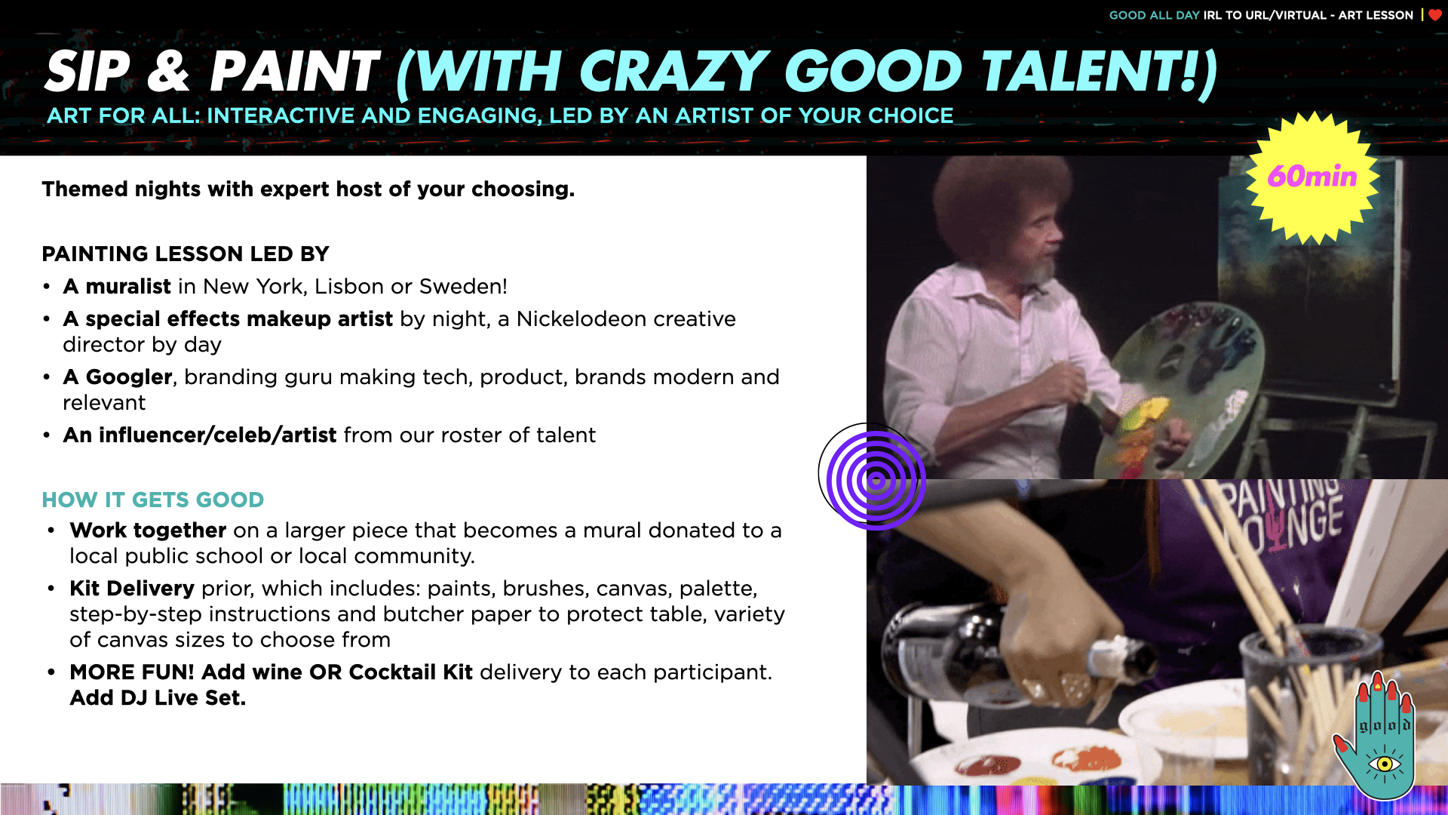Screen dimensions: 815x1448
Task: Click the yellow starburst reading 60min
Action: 1312,177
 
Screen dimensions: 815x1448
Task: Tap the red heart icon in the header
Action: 1435,15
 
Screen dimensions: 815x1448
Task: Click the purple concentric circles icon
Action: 875,480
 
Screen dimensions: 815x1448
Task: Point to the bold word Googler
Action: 129,377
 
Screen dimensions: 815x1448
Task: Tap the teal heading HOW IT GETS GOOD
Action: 153,500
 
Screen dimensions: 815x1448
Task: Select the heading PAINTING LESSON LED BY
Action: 186,254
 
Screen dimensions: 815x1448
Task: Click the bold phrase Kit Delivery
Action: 132,589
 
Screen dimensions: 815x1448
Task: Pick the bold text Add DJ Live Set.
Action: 158,698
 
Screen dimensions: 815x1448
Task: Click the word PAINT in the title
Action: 294,72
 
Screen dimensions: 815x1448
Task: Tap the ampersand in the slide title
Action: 167,72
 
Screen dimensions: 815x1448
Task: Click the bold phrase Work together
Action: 148,531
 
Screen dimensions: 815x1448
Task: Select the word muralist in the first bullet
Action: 128,287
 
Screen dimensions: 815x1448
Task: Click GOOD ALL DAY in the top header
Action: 1154,15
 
